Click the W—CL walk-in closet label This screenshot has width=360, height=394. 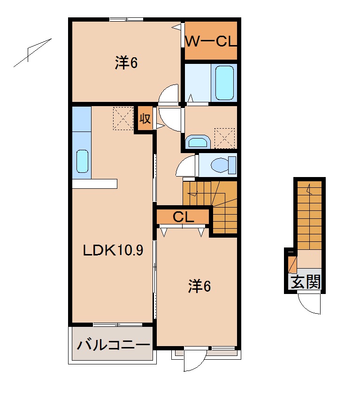tap(210, 41)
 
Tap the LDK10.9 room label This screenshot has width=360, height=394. tap(113, 251)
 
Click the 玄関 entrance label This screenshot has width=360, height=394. tap(305, 282)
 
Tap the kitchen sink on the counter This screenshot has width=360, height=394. tap(82, 162)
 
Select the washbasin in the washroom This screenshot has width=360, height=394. tap(198, 141)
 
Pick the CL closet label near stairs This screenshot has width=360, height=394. tap(183, 217)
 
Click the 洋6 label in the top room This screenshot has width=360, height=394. tap(126, 63)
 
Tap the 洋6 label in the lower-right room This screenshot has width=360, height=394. tap(199, 286)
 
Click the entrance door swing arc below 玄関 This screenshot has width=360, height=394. tap(310, 303)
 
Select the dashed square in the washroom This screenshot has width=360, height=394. tap(224, 138)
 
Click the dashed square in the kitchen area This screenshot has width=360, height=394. tap(123, 118)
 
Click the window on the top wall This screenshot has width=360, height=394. tap(126, 19)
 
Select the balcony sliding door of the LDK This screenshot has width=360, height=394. tap(117, 324)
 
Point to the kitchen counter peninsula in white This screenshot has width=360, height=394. tap(94, 183)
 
